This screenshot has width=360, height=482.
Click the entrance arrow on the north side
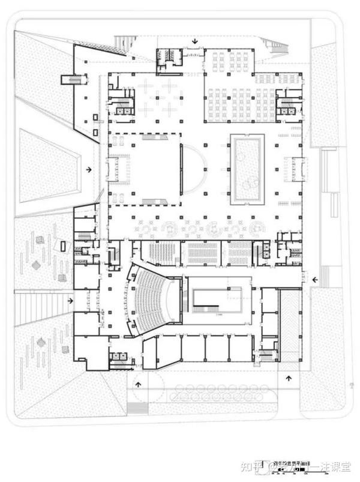pyautogui.click(x=194, y=42)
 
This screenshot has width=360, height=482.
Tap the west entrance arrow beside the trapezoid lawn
pyautogui.click(x=89, y=170)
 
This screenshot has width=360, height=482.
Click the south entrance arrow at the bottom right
pyautogui.click(x=289, y=378)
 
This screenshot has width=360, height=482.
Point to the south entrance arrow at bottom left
pyautogui.click(x=139, y=385)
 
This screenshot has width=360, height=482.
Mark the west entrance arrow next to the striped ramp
pyautogui.click(x=71, y=301)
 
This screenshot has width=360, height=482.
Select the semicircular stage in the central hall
pyautogui.click(x=193, y=169)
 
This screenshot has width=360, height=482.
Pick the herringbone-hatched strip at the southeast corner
pyautogui.click(x=290, y=325)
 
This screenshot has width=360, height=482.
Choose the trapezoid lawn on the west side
pyautogui.click(x=48, y=167)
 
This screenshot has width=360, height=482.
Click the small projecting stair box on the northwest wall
pyautogui.click(x=71, y=80)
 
